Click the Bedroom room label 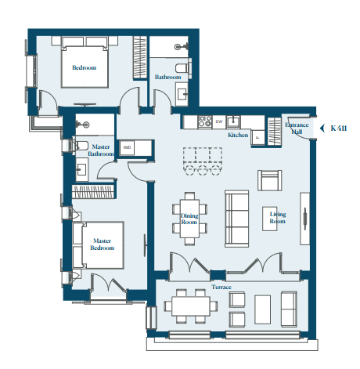(85, 67)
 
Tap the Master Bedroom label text (103, 244)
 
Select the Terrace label (221, 287)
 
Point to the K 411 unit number (339, 128)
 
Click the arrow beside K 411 (322, 128)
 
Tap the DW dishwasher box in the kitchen (219, 121)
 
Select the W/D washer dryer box (127, 147)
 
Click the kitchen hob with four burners (205, 121)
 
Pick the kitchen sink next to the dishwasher (233, 121)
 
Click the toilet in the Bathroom (182, 68)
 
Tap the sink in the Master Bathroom (81, 170)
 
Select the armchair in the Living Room (270, 180)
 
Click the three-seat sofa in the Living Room (237, 219)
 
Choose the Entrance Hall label (297, 128)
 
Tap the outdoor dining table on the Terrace (191, 306)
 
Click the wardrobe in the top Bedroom (140, 57)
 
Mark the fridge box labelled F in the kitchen (258, 137)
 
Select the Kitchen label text (238, 135)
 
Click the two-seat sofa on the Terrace (289, 309)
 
